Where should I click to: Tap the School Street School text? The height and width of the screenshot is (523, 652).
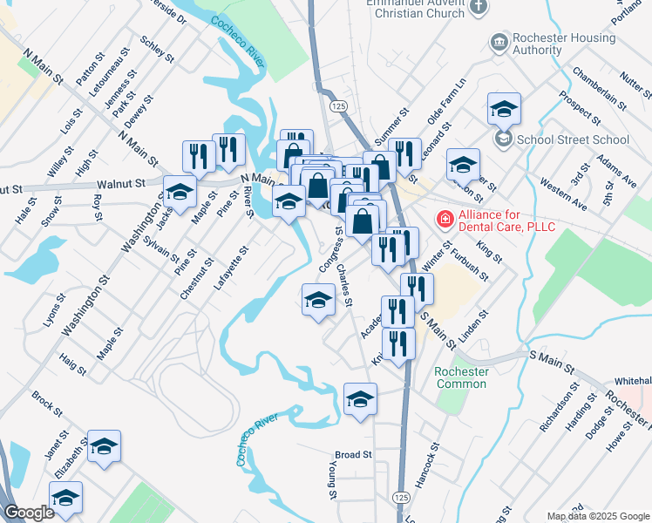coord(573,139)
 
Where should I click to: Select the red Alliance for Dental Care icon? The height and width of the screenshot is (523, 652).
coord(445,219)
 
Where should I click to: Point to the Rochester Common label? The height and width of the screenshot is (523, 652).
coord(461,377)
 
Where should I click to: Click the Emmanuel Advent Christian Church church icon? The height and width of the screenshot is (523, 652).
coord(479,7)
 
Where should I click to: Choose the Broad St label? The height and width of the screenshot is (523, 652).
coord(353,455)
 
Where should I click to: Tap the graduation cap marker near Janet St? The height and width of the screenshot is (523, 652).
coord(104,447)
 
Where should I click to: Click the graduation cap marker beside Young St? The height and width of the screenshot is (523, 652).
coord(360,399)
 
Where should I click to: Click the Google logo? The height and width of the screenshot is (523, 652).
coord(29,513)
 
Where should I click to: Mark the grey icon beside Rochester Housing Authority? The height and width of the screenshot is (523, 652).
coord(499,42)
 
